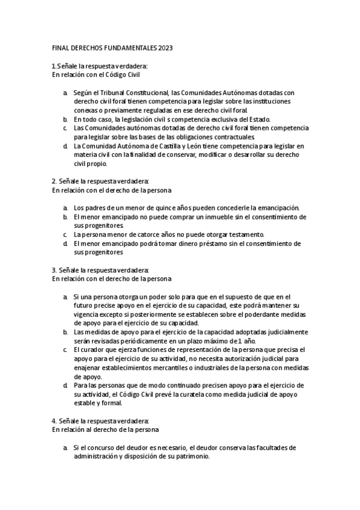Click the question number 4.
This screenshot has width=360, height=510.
coord(54,420)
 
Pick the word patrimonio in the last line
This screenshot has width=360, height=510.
coord(192,456)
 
